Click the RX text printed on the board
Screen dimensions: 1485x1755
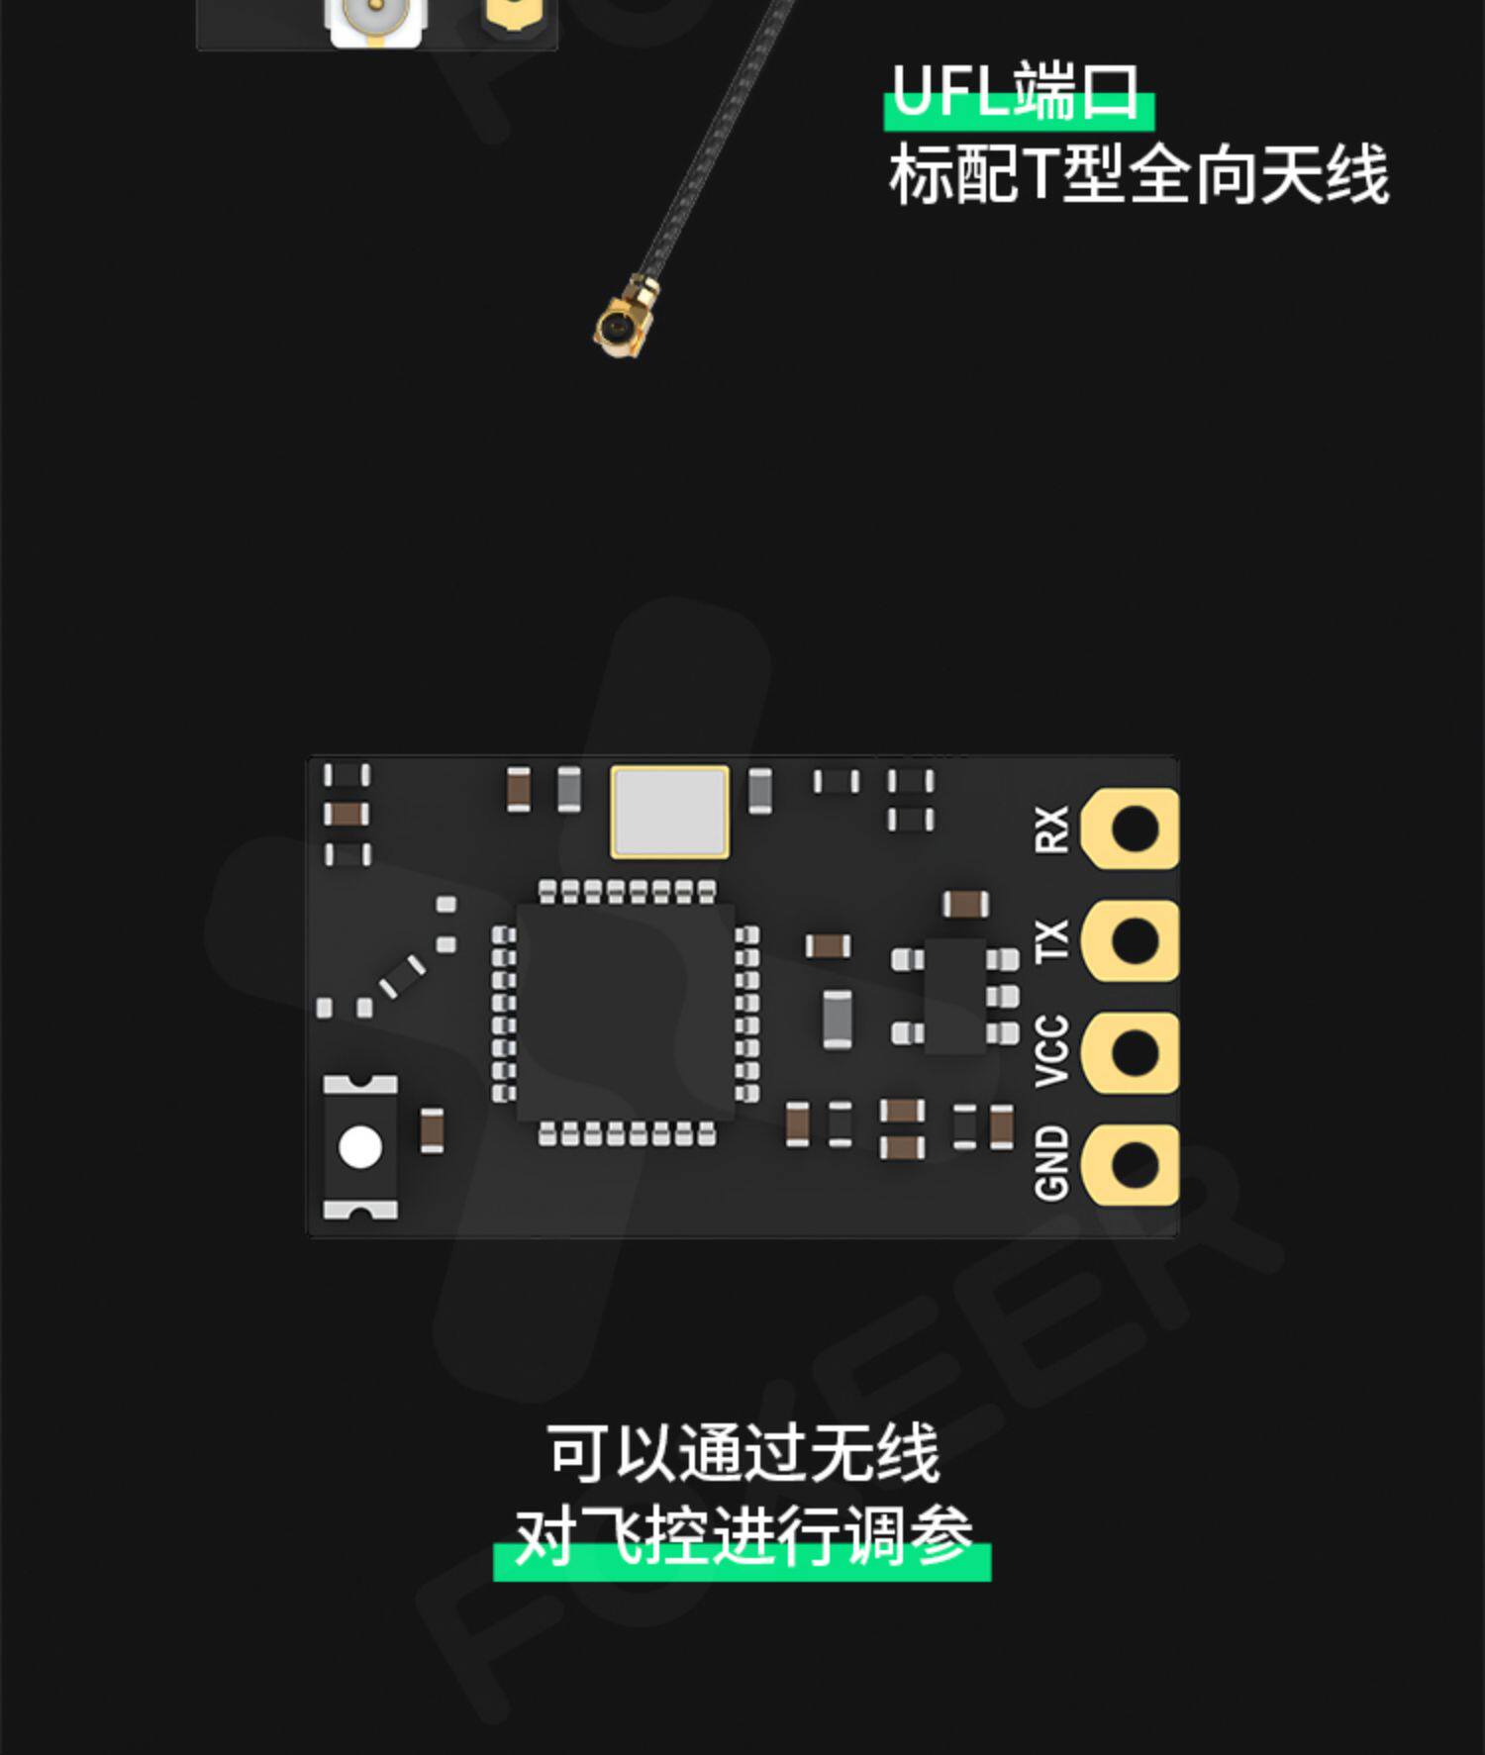pos(1051,829)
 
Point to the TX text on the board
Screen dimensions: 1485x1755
pos(1051,939)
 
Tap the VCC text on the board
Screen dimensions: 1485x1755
pos(1051,1050)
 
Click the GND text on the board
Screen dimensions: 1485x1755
pos(1051,1163)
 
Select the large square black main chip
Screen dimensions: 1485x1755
pos(625,1012)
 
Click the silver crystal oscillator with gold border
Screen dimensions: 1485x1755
pos(670,812)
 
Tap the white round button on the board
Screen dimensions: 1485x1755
pos(360,1147)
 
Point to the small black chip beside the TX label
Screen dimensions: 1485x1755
pos(955,996)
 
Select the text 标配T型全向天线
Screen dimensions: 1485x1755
pos(1138,176)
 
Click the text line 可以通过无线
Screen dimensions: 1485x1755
pos(742,1453)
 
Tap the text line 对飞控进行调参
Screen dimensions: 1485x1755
pos(742,1536)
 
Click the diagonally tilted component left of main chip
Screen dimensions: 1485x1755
pos(403,976)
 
